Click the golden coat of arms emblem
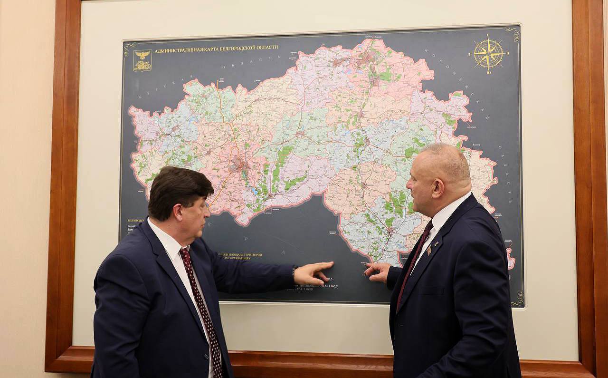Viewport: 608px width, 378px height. [x=142, y=60]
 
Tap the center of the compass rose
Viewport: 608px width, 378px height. [x=488, y=53]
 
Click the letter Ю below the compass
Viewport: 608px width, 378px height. [x=489, y=72]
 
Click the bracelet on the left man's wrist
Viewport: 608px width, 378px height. [x=294, y=270]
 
